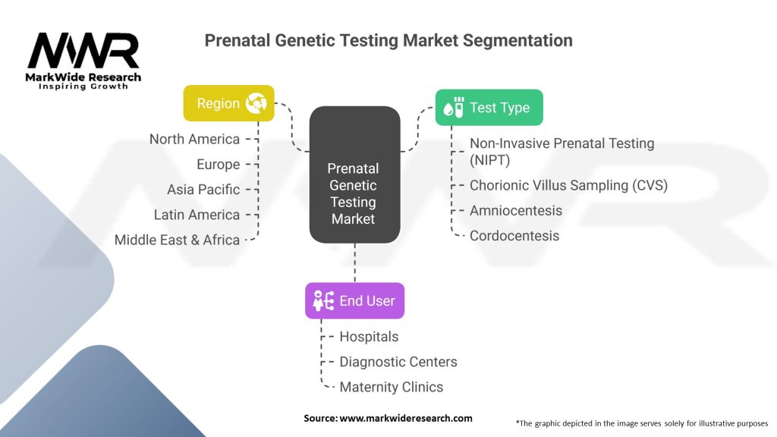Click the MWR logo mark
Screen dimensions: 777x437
point(83,51)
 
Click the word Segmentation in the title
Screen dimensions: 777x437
point(517,40)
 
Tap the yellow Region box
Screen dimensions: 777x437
point(228,103)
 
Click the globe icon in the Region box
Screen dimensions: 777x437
point(256,103)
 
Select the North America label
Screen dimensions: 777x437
point(194,140)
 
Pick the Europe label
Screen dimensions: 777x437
point(218,165)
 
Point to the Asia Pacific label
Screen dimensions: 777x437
point(203,190)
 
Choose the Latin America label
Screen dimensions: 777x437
point(197,215)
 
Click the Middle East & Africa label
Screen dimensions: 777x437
point(177,240)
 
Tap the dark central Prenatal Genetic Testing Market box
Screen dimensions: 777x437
point(355,174)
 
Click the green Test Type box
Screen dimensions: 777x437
point(489,108)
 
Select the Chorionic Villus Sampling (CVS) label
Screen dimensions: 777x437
point(568,185)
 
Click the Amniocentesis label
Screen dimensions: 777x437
point(516,211)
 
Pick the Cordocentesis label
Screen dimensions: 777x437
point(514,236)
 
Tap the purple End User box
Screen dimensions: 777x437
point(355,300)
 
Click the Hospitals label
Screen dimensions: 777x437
point(369,337)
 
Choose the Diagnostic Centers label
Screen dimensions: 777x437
point(398,362)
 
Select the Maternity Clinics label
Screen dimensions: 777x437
point(391,387)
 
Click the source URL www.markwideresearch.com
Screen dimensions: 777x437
point(406,418)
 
